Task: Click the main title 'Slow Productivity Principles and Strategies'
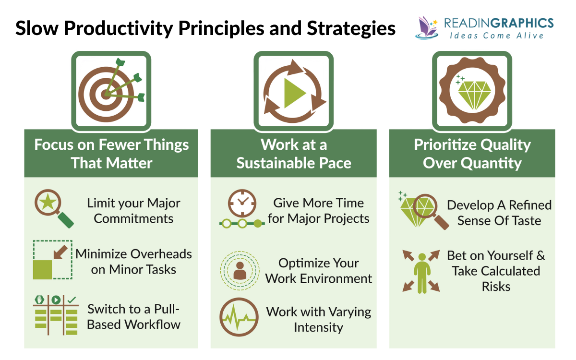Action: [205, 28]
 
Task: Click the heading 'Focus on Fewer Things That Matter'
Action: [111, 154]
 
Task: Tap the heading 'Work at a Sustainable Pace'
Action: [293, 154]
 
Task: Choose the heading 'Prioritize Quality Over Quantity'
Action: [472, 154]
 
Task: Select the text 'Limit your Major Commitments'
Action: [133, 211]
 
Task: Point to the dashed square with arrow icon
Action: [52, 260]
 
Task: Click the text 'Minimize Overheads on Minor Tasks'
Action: [133, 262]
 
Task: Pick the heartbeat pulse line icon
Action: [239, 318]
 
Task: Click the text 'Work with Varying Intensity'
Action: [319, 320]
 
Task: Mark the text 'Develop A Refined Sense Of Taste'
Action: [499, 213]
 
